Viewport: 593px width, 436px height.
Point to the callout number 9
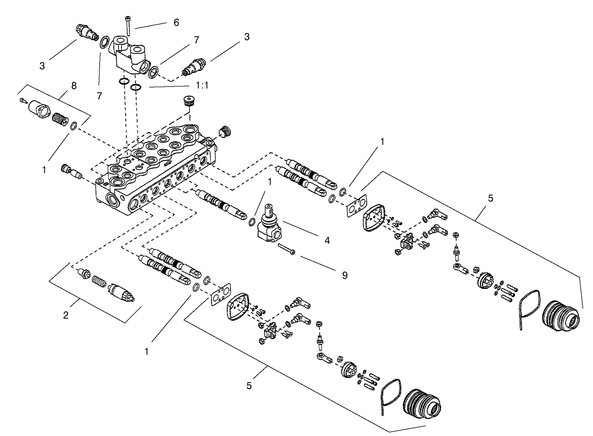coord(344,275)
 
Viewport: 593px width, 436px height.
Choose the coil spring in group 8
coord(58,118)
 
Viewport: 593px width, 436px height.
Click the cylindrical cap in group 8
coord(38,108)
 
